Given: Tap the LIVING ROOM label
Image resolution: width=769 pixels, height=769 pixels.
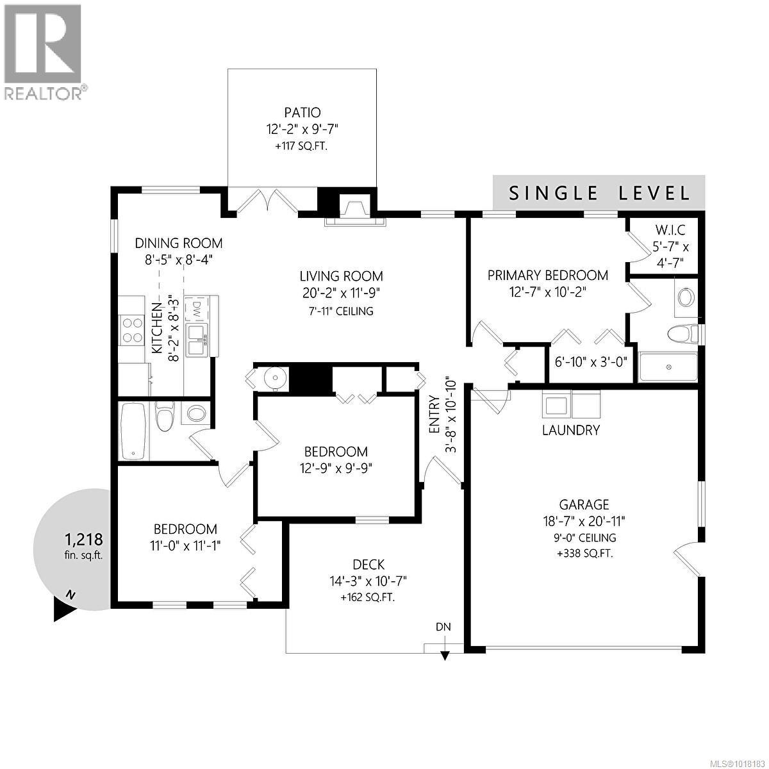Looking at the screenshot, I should [342, 276].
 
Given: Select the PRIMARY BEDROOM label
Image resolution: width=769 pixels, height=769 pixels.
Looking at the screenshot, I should [547, 275].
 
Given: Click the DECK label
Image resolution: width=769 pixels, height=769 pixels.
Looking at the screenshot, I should [368, 565].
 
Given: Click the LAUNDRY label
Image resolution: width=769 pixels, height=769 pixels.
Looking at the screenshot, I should [570, 430].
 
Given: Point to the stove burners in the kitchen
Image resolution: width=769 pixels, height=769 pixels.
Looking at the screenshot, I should [132, 330].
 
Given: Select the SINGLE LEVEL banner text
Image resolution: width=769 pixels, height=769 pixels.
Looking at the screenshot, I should [599, 193].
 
